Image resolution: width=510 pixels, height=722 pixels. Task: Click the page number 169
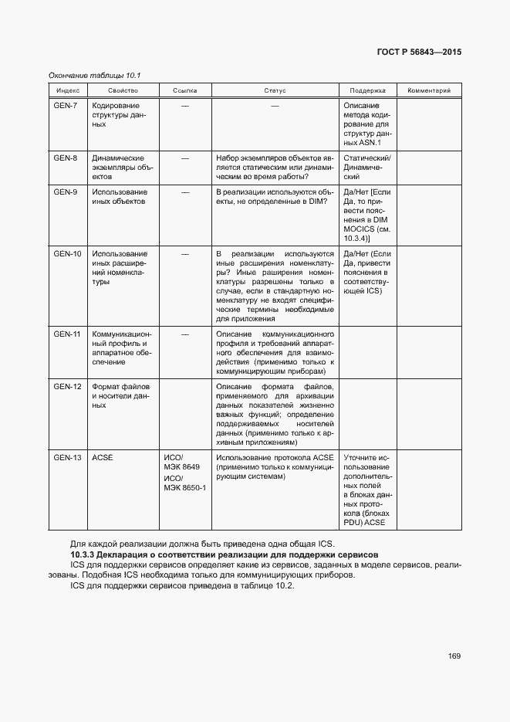point(454,656)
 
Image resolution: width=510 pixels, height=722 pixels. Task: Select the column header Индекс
point(63,90)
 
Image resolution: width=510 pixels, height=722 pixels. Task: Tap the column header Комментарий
point(429,90)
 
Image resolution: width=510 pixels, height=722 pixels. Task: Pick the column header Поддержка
point(367,90)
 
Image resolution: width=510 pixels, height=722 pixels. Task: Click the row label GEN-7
point(66,105)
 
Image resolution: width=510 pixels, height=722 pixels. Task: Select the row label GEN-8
point(66,158)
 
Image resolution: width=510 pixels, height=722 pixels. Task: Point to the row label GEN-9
point(66,192)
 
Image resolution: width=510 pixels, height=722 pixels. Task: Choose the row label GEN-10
point(67,253)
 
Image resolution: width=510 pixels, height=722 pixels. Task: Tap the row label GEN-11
point(67,334)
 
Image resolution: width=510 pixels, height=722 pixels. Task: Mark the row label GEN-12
point(67,386)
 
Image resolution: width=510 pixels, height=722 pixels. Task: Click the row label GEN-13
point(67,458)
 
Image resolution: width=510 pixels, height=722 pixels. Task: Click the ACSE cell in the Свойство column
point(103,458)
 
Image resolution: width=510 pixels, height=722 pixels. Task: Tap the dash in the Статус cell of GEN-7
point(275,105)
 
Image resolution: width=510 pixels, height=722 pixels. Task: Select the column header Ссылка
point(185,90)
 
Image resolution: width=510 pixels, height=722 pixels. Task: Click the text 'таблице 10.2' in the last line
point(269,585)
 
